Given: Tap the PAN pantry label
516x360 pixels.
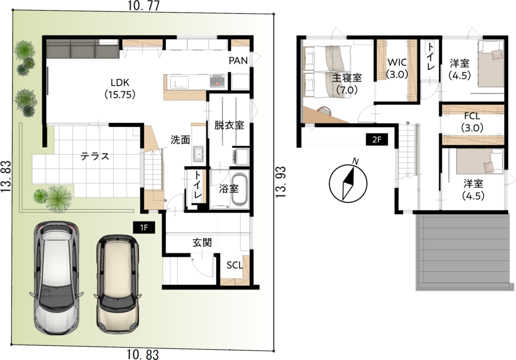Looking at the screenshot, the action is coord(238,60).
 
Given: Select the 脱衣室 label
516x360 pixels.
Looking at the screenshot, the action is coord(229,125).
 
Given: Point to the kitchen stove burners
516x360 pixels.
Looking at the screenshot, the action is coord(217,81).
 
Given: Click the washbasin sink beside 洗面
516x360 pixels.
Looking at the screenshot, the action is coord(199,154).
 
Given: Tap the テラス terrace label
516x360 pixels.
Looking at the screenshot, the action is coord(95,156).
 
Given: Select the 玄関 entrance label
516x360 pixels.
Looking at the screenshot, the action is coord(202,243).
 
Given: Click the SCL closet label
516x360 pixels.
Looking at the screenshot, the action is coord(235,265).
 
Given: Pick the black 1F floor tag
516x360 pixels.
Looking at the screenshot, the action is coord(144,227).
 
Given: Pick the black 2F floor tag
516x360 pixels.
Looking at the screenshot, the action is coord(377,140).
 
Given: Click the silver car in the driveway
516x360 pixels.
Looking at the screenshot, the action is coord(57,278).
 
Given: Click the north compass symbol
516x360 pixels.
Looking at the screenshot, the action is coord(348,184).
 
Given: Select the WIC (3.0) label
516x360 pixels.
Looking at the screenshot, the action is coord(397,68).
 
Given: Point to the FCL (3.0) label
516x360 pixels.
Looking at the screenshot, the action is coord(472,121).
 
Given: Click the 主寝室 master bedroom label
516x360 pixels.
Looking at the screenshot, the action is coord(347,84).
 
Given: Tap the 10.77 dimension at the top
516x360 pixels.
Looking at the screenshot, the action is coord(144,6).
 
